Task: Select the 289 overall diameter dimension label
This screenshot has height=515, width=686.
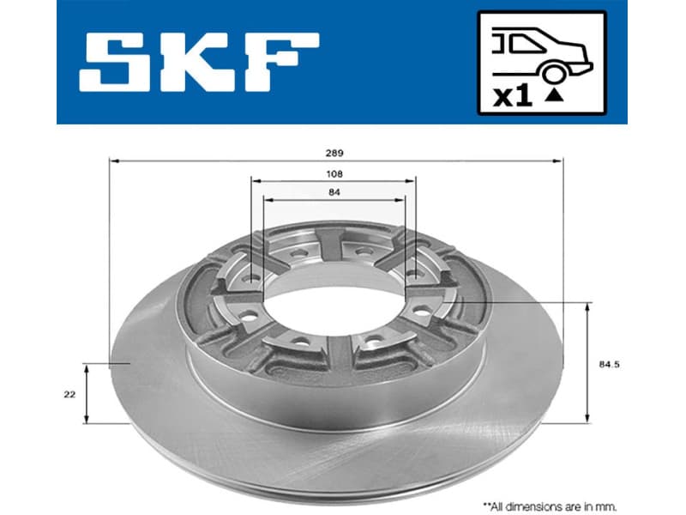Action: coord(334,153)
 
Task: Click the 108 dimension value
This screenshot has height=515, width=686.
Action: coord(334,173)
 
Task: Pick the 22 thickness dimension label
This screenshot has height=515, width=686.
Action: coord(69,394)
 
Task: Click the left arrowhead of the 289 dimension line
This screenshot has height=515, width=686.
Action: coord(113,161)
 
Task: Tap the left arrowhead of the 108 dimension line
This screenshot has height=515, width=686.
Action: coord(255,181)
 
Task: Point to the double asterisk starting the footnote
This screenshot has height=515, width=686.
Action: coord(486,506)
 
